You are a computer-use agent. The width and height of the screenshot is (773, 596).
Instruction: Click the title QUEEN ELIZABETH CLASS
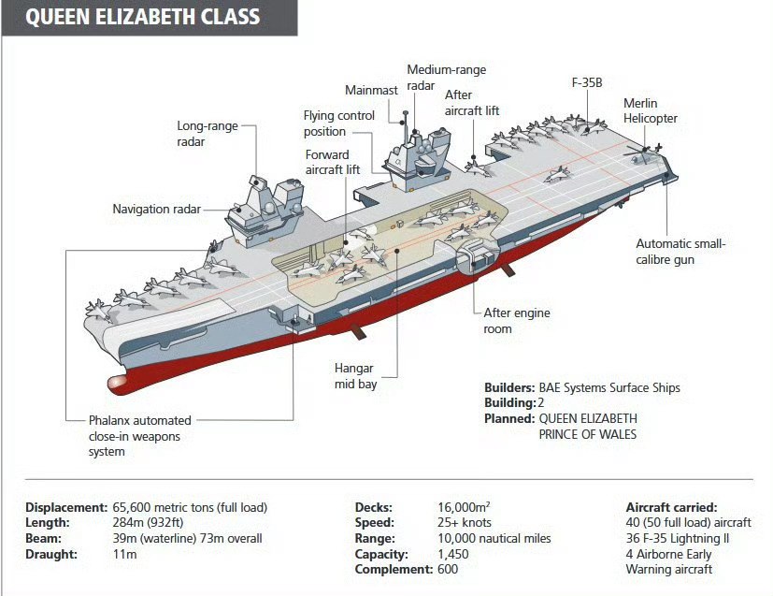pos(143,18)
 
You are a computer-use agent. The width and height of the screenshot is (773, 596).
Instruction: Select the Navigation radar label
pos(156,209)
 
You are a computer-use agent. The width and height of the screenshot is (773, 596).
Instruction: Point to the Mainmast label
pos(371,90)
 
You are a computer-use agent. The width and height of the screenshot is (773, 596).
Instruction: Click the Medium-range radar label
pos(446,78)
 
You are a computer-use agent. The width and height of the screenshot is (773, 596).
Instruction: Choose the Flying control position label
pos(338,124)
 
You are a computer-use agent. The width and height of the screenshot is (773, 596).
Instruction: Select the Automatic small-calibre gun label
pos(680,252)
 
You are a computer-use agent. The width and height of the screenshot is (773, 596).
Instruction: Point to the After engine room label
pos(516,320)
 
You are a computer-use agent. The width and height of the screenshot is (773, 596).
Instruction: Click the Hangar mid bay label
pos(355,376)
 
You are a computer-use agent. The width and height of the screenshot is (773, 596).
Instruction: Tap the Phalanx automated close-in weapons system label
pos(139,436)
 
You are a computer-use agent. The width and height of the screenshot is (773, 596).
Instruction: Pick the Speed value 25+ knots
pos(464,522)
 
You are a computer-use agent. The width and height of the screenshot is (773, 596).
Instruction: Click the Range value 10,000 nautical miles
pos(494,538)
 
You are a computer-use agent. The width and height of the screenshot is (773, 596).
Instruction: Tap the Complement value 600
pos(448,569)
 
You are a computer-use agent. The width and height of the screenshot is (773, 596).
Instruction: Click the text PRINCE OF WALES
pos(587,434)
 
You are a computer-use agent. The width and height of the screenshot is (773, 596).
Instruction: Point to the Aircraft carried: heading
pos(671,507)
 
